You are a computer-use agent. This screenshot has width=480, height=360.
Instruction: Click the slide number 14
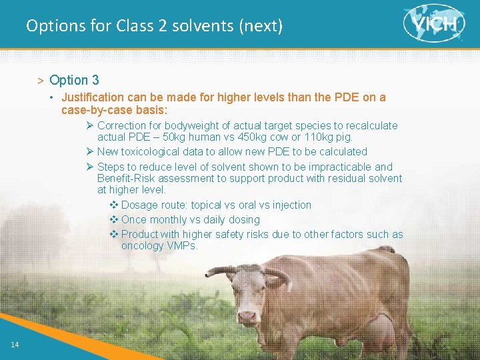point(14,344)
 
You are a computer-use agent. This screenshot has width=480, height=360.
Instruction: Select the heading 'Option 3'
point(74,80)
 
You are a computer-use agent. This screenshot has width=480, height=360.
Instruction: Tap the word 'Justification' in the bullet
point(92,97)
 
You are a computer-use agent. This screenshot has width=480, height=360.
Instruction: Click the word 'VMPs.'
point(183,245)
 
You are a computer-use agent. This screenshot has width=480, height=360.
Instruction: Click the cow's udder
point(379,332)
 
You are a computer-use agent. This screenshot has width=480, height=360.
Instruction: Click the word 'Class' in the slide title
point(134,26)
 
